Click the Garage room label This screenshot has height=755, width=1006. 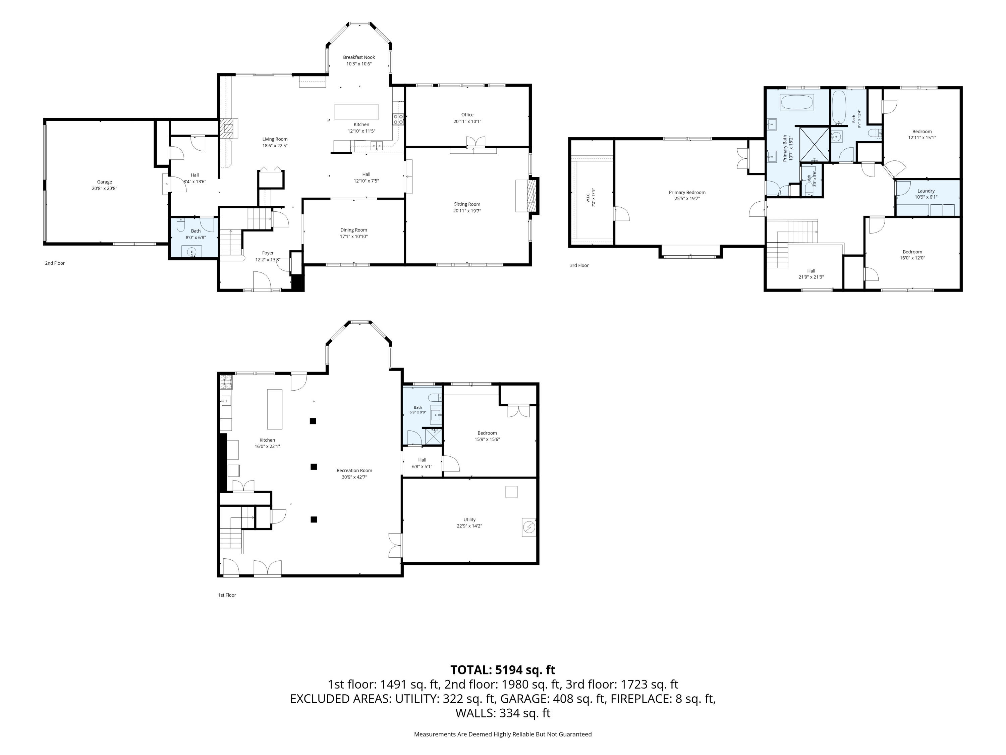tap(104, 182)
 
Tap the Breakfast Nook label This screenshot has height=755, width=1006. tap(359, 57)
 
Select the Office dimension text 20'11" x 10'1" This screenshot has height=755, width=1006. tap(467, 121)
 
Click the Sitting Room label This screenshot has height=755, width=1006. tap(467, 204)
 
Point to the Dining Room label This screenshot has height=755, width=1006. tap(353, 230)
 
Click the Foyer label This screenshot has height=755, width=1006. tap(268, 253)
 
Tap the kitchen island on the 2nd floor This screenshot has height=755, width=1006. tap(356, 112)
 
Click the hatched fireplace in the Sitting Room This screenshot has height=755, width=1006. tap(532, 196)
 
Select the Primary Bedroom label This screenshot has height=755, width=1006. tap(687, 193)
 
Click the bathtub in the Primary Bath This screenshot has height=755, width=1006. tap(797, 102)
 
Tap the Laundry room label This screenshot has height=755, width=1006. tap(926, 191)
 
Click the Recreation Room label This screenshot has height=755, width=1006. tap(354, 470)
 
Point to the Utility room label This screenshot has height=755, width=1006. tap(469, 520)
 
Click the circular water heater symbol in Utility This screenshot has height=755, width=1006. tap(529, 527)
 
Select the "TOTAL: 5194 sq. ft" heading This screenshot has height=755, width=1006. tap(503, 670)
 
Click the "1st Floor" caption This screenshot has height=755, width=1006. tap(227, 595)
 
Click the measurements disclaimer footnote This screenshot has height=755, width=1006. tap(503, 734)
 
